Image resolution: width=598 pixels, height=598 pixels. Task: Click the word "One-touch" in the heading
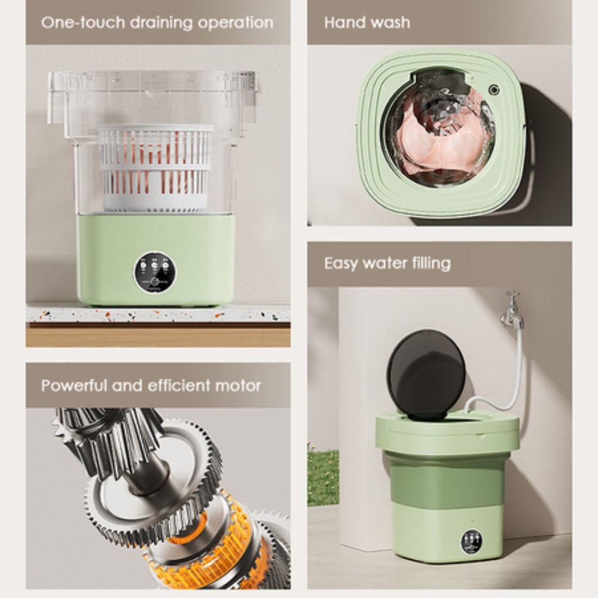74,23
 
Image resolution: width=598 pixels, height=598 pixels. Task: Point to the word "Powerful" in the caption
74,385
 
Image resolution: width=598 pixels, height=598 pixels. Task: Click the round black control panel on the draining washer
155,272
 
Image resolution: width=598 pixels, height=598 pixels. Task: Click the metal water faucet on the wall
512,310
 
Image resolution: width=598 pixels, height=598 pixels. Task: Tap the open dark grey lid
426,374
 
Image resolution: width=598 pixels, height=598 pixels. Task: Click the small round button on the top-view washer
494,90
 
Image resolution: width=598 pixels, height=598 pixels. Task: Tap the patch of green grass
323,475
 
